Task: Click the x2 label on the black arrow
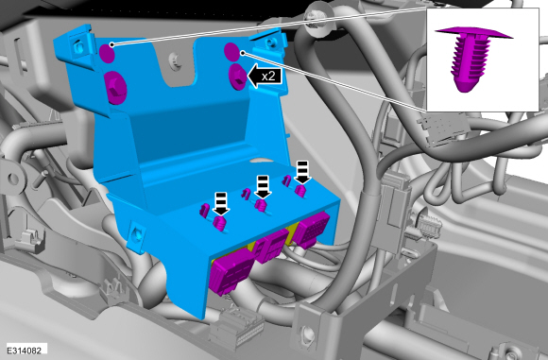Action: (268, 77)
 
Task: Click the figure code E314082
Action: (25, 351)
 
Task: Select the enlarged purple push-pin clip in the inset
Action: (473, 58)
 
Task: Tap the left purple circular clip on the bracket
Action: (107, 53)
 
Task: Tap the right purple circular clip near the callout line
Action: (231, 52)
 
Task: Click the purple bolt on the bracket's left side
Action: (115, 87)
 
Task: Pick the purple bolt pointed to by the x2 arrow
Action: (237, 77)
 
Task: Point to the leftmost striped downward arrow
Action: (221, 203)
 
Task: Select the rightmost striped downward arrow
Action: (302, 172)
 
